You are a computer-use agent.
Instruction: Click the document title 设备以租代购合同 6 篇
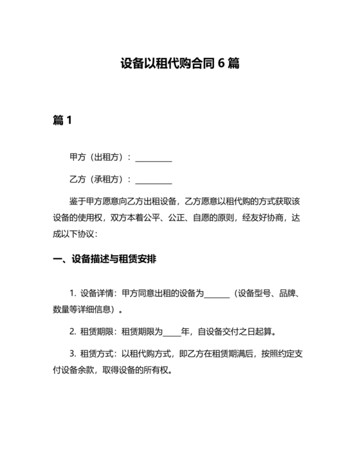tap(180, 64)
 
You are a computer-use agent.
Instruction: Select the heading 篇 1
tap(62, 120)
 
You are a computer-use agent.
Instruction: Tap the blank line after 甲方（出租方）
tap(154, 158)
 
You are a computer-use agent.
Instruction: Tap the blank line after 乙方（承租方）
tap(154, 179)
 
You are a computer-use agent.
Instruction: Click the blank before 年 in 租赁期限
tap(172, 333)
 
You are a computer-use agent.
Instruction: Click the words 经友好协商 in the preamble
tap(254, 217)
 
